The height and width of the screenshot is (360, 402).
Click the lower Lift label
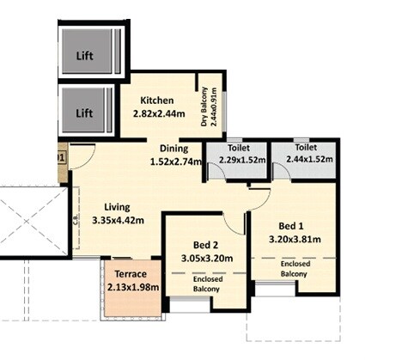(x=84, y=113)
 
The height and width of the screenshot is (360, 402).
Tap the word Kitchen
(x=157, y=101)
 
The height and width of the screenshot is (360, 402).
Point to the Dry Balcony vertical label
(x=206, y=108)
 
